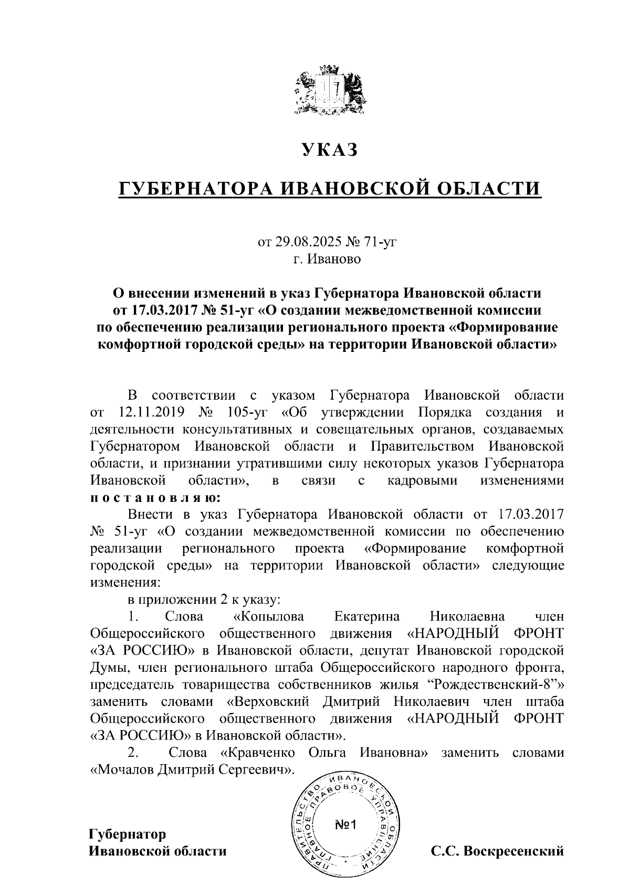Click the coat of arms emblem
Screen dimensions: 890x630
[x=329, y=89]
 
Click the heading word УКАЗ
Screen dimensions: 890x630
[x=329, y=150]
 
